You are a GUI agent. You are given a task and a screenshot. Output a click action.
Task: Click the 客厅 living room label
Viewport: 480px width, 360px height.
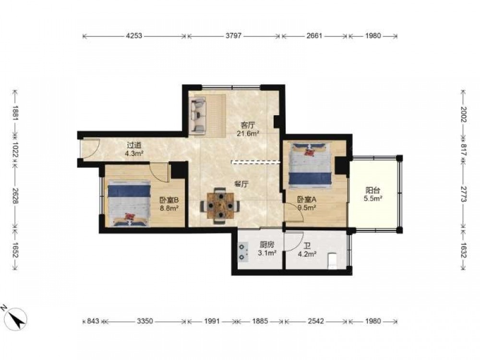click(248, 125)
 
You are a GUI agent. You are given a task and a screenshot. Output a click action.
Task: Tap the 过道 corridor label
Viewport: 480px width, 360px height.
click(134, 145)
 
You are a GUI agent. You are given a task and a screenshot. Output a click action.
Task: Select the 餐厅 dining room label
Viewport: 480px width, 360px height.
click(241, 184)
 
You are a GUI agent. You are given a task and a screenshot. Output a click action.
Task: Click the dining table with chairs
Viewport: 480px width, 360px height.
click(220, 206)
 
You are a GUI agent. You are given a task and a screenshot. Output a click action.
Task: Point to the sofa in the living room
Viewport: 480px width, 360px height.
click(198, 116)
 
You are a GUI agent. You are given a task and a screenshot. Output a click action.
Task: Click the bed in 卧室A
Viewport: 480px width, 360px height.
click(311, 164)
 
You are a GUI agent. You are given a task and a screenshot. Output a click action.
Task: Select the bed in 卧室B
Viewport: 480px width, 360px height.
click(129, 204)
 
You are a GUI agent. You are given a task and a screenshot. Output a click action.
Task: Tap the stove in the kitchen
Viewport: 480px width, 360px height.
click(243, 252)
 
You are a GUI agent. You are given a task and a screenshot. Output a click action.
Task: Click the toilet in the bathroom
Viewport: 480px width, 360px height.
click(332, 261)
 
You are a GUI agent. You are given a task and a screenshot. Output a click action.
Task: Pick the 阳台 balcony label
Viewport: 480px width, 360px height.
click(372, 191)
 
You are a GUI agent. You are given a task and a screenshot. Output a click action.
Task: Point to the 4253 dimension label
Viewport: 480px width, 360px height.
click(134, 36)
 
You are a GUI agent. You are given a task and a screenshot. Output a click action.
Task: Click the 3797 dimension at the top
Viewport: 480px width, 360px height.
click(234, 36)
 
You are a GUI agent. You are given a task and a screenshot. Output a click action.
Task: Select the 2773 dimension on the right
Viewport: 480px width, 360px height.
click(464, 194)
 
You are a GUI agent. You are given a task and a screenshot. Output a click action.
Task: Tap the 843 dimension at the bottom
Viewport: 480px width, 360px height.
click(93, 321)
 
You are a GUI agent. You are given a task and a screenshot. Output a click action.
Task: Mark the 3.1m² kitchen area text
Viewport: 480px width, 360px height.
click(267, 253)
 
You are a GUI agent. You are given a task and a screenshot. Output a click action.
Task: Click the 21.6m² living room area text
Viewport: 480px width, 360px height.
click(248, 133)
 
